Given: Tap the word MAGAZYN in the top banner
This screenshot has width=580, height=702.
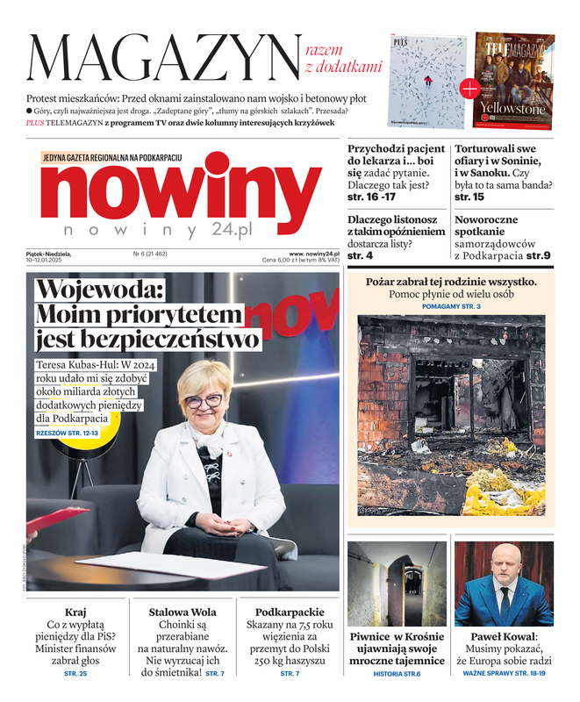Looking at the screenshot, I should (x=162, y=58).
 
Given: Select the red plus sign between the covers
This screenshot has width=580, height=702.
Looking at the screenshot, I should (x=470, y=88).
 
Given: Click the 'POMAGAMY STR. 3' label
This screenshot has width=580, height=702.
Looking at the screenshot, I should (x=451, y=306).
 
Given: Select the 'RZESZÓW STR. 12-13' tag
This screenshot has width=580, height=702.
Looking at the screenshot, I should (x=68, y=433).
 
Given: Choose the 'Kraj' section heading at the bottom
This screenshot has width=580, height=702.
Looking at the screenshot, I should (x=75, y=612).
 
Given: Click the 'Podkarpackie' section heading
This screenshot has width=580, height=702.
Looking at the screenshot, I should (x=290, y=612).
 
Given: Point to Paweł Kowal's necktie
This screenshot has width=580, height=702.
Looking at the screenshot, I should (x=505, y=601).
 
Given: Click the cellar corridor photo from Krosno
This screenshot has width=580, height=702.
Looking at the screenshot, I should (x=397, y=583).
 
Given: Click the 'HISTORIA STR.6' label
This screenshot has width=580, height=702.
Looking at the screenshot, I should (x=397, y=673).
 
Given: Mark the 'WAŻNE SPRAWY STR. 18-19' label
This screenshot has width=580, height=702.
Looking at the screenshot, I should (x=504, y=673).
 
